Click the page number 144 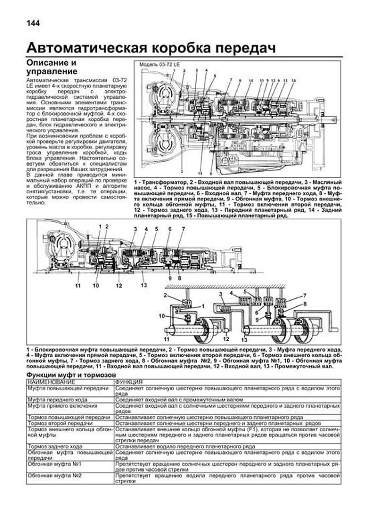click(x=33, y=23)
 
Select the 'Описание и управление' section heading click(x=52, y=67)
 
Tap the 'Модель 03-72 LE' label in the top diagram click(x=159, y=65)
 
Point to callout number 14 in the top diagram click(x=293, y=81)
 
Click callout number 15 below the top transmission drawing click(x=200, y=172)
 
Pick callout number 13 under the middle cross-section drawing click(x=144, y=285)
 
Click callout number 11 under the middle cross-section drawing click(x=78, y=286)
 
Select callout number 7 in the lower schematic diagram click(x=305, y=296)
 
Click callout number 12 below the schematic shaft click(x=226, y=339)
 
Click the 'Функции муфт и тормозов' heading click(x=71, y=375)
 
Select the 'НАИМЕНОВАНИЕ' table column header click(x=51, y=382)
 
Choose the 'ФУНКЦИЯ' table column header click(x=129, y=382)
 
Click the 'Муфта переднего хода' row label click(x=57, y=400)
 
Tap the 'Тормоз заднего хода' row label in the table click(x=55, y=446)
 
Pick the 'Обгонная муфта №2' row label click(x=54, y=476)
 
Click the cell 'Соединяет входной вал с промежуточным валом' click(x=179, y=400)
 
